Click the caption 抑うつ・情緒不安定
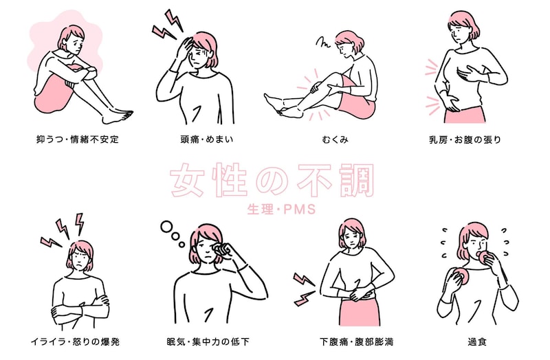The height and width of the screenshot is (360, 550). tap(78, 139)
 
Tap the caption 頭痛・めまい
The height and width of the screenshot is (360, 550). tap(207, 139)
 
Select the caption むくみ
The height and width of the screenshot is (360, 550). tap(335, 139)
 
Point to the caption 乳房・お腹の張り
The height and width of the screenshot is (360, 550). tap(465, 139)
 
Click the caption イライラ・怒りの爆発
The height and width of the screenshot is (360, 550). tap(76, 341)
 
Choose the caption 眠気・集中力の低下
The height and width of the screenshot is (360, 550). tap(208, 341)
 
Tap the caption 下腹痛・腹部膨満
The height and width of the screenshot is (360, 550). tap(356, 341)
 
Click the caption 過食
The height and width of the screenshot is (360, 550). tap(477, 341)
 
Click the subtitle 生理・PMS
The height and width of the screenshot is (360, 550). tap(281, 210)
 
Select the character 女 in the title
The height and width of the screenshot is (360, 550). tap(188, 179)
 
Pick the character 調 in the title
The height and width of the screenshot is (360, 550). tap(356, 179)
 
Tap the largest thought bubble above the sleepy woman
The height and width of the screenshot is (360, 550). tap(166, 227)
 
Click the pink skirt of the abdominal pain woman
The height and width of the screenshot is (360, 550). tap(360, 311)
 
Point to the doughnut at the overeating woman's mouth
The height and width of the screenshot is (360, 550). tap(485, 257)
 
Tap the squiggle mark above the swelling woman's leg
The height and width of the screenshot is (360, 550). tap(322, 43)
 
